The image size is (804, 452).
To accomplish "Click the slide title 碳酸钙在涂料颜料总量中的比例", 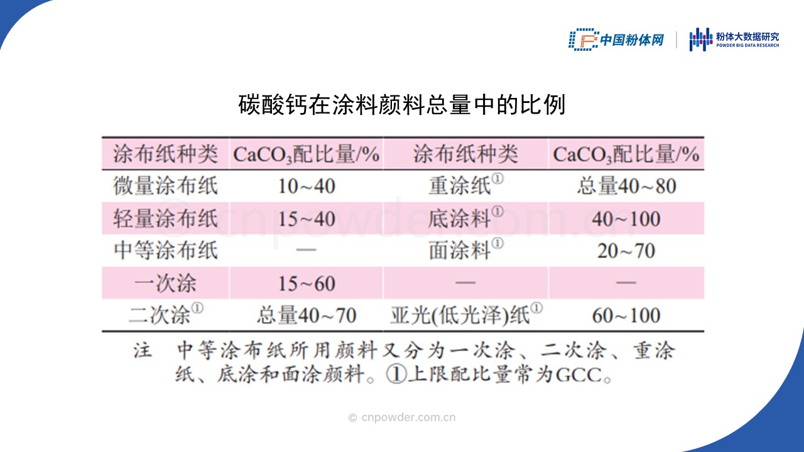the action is pos(401,105).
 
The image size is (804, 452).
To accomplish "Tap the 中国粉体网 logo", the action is pos(616,40).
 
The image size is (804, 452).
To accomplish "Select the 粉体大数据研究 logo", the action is pos(734,40).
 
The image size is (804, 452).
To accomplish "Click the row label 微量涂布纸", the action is pos(165,186).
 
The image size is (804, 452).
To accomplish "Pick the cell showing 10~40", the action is pos(307,186).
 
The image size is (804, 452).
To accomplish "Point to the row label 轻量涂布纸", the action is pos(165,218).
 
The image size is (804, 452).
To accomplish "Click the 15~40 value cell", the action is pos(307,219).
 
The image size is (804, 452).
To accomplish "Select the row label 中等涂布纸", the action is pos(165,250).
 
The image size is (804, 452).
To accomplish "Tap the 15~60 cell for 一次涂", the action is pos(307,283).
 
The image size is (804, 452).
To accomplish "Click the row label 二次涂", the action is pos(166,315).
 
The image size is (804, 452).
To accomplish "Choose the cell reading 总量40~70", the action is pos(307,315).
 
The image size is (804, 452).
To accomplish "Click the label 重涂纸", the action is pos(466,185).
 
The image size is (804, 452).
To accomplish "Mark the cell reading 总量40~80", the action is pos(627,186).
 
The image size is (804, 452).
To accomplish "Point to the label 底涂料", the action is pos(466,217).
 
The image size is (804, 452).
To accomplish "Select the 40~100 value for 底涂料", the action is pos(626,219).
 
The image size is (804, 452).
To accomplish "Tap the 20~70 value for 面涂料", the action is pos(626,250).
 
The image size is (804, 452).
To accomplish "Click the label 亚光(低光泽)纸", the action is pos(466,315).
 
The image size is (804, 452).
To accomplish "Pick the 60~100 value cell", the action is pos(626,316).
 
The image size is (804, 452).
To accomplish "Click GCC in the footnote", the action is pos(579,375).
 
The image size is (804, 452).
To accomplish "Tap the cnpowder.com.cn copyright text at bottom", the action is pos(402,417).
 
